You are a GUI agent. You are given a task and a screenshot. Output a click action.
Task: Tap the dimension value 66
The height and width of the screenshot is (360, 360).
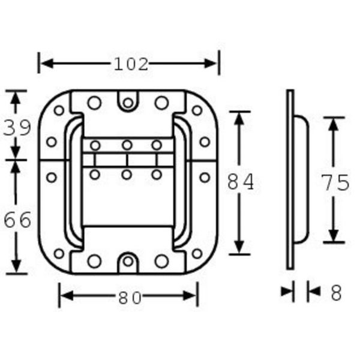point(17,220)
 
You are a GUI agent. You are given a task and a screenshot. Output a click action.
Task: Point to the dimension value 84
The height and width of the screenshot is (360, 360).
point(240,182)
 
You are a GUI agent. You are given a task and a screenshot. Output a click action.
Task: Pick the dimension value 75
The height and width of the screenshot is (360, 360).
point(334,182)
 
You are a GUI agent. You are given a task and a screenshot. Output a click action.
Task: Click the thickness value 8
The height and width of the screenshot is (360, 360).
point(335,292)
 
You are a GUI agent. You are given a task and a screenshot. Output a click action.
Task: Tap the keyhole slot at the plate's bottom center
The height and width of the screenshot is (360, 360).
point(128,262)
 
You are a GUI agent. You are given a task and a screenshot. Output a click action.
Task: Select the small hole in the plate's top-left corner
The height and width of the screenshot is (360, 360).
point(59,110)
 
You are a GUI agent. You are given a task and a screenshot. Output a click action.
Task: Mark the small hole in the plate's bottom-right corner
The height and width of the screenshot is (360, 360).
point(197,253)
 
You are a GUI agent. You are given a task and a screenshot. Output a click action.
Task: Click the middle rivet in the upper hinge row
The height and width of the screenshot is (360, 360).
point(127,145)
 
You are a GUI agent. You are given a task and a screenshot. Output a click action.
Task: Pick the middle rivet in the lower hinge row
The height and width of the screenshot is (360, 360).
point(127,174)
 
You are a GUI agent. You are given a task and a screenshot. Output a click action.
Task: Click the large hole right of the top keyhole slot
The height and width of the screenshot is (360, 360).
point(161,103)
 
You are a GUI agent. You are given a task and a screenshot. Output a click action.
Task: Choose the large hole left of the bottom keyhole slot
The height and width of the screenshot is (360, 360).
point(94,261)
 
